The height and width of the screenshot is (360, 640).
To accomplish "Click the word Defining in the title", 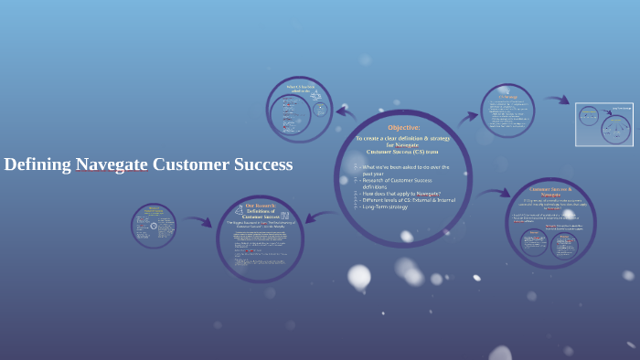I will point(37,165).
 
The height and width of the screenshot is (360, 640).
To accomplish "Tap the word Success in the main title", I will point(261,165).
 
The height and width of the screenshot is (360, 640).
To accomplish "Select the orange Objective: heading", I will point(403,128).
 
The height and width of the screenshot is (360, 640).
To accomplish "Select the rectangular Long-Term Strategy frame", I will point(603,124).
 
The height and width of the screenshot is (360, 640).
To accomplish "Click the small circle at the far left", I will point(154,226).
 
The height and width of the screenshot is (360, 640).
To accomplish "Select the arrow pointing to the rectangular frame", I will point(557,100).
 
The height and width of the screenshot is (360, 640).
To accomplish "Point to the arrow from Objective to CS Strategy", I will point(468,116).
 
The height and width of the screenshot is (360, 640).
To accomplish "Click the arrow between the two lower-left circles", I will point(196,221).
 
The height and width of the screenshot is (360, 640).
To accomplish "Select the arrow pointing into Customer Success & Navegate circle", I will point(494,194).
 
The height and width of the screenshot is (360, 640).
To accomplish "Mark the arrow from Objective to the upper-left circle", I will point(346,112).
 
